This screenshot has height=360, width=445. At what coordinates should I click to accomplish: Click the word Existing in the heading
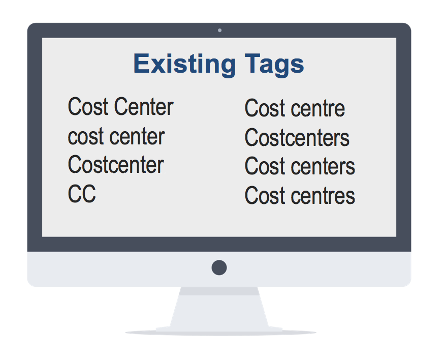[184, 65]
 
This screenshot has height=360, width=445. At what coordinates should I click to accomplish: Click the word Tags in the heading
[274, 65]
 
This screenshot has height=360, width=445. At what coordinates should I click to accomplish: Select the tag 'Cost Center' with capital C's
[120, 107]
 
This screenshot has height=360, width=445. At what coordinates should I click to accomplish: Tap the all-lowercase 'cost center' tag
[116, 136]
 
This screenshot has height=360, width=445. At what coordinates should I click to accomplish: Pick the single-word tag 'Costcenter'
[116, 165]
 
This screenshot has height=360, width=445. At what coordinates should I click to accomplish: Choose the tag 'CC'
[82, 194]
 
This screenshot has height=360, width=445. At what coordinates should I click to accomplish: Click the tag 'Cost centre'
[295, 108]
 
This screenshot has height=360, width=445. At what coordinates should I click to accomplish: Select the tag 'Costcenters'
[297, 137]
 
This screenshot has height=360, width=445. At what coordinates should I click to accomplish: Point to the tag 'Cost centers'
[300, 166]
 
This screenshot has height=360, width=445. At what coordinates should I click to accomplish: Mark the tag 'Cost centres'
[300, 195]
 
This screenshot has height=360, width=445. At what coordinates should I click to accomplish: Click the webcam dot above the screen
[219, 31]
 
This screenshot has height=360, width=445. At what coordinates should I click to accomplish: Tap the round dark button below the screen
[219, 267]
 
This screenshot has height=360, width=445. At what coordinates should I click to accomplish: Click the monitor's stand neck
[219, 307]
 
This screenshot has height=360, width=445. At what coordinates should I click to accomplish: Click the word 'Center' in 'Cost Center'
[144, 107]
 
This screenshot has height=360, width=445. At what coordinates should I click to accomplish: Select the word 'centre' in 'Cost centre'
[318, 108]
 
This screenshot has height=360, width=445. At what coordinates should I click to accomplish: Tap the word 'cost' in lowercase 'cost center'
[86, 137]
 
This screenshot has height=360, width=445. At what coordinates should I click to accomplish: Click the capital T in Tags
[252, 64]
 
